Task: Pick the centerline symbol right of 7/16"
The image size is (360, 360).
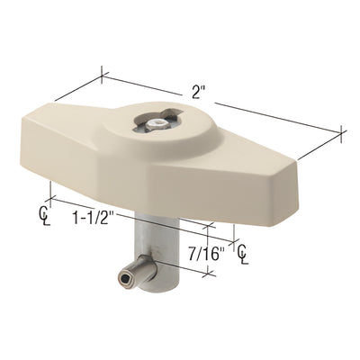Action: click(x=244, y=256)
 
